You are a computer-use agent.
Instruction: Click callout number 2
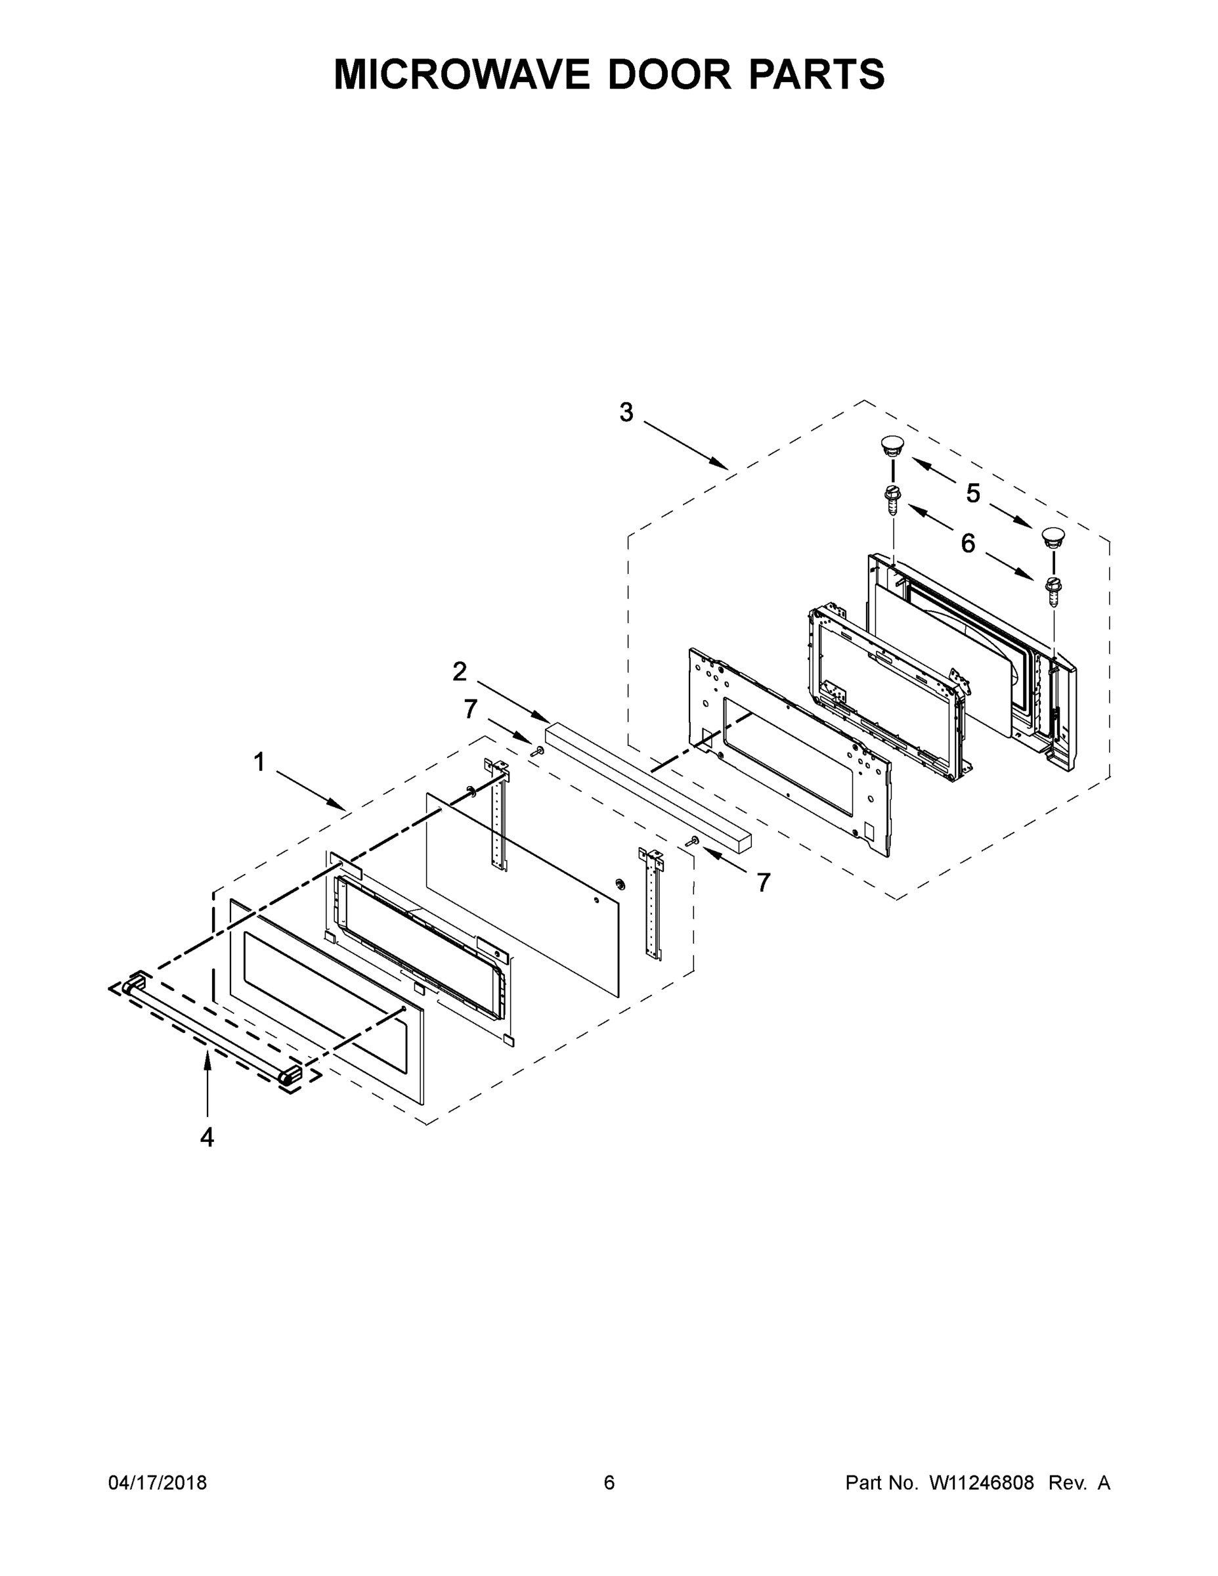click(460, 672)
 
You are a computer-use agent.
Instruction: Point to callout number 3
click(626, 413)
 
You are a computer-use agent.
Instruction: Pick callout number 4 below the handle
click(207, 1138)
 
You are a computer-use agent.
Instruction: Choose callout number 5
click(972, 494)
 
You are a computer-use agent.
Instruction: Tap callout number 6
click(968, 543)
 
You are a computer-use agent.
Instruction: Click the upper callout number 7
click(471, 709)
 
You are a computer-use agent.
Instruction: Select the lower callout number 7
click(764, 882)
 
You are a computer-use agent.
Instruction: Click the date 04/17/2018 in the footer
click(158, 1482)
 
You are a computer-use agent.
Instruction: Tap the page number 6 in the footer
click(609, 1482)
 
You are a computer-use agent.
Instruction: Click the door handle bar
click(213, 1028)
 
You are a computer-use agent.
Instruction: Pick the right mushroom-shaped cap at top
click(1053, 536)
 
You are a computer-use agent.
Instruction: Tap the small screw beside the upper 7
click(536, 751)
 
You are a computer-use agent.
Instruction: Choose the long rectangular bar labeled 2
click(648, 783)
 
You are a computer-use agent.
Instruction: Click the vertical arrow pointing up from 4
click(207, 1082)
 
